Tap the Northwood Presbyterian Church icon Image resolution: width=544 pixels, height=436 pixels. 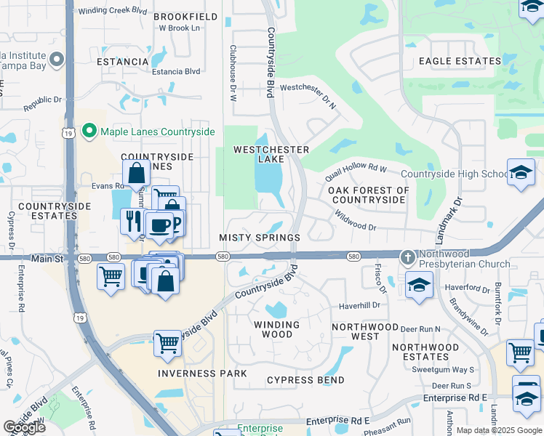(x=408, y=257)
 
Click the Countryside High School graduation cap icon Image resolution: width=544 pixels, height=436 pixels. (x=521, y=173)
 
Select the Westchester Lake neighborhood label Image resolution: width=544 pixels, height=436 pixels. (x=271, y=155)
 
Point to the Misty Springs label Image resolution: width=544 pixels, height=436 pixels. (x=260, y=238)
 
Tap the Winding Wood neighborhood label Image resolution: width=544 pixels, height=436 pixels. (x=276, y=330)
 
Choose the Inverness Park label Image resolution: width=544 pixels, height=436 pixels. (x=203, y=374)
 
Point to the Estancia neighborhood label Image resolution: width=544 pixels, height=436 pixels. (x=123, y=62)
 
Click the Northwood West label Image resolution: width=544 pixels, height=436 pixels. (x=365, y=331)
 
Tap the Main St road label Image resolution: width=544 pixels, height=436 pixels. (x=48, y=258)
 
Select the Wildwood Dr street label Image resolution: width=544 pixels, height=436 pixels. (x=355, y=221)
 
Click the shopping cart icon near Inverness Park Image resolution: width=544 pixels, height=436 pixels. (x=167, y=342)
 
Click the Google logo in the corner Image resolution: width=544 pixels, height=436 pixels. (x=24, y=427)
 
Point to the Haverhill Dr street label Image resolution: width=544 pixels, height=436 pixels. (x=359, y=306)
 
